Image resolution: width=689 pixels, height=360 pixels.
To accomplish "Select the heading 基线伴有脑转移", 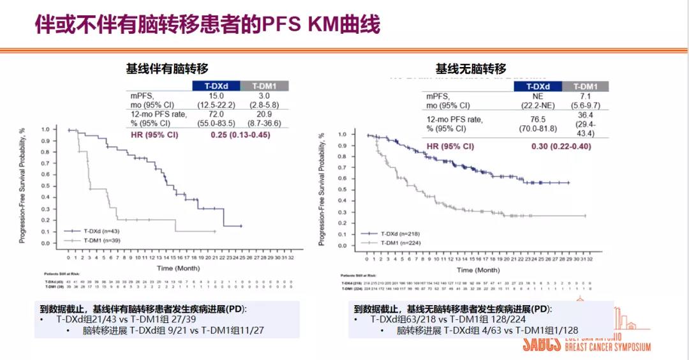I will coord(167,68).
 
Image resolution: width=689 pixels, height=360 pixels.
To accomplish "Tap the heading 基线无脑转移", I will coord(471,68).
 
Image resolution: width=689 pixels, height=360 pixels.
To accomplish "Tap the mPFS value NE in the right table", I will coord(538,96).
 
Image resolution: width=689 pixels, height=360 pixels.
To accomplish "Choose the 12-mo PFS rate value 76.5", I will coord(538,119).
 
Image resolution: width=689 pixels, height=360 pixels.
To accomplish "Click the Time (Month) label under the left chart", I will coord(179,268).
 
